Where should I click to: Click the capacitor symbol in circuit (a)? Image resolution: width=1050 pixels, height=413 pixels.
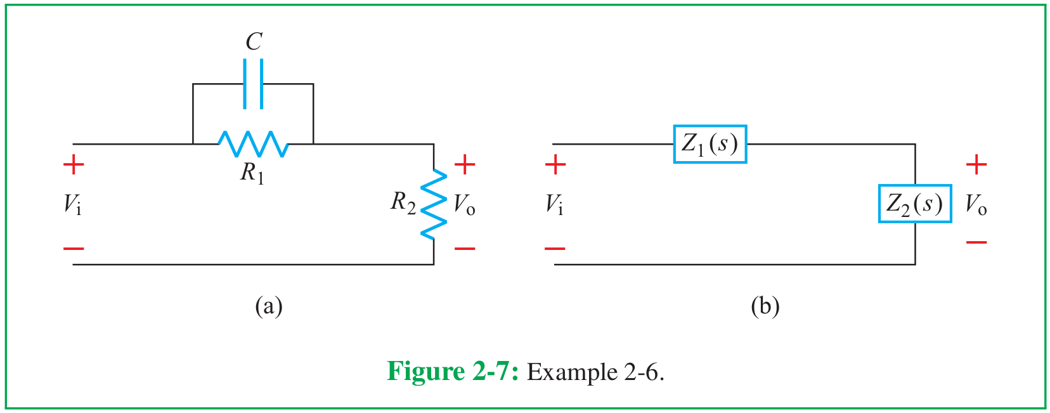tap(253, 84)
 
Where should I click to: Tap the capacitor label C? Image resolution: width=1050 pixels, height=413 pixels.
tap(254, 42)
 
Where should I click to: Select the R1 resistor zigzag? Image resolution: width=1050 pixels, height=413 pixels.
tap(253, 144)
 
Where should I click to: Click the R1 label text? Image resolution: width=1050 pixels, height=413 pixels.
tap(252, 173)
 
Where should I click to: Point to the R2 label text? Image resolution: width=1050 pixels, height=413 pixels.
tap(403, 203)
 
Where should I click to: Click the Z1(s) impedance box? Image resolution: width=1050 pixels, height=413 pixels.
tap(710, 144)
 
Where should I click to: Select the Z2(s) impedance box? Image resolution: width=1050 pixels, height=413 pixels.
tap(914, 204)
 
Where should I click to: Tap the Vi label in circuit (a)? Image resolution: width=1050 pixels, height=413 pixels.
tap(72, 204)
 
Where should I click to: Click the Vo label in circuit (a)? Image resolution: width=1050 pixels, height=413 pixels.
tap(464, 204)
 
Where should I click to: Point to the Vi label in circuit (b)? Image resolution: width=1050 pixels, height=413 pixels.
tap(554, 204)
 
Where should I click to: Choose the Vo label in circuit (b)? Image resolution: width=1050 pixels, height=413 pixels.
tap(976, 204)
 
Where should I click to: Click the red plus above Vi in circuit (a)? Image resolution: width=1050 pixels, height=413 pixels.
tap(74, 165)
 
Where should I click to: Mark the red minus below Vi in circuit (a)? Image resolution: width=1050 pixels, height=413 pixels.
tap(74, 248)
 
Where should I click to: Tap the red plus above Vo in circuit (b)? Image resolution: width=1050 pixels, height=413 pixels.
tap(976, 165)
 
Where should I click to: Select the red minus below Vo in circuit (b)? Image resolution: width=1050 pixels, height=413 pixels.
tap(976, 242)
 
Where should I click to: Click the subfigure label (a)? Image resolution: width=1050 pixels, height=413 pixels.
tap(268, 306)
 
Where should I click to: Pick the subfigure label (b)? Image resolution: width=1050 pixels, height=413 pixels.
tap(765, 306)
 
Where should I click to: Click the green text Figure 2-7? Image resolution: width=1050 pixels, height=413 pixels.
tap(453, 371)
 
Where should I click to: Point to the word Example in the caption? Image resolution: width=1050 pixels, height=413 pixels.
tap(572, 372)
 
